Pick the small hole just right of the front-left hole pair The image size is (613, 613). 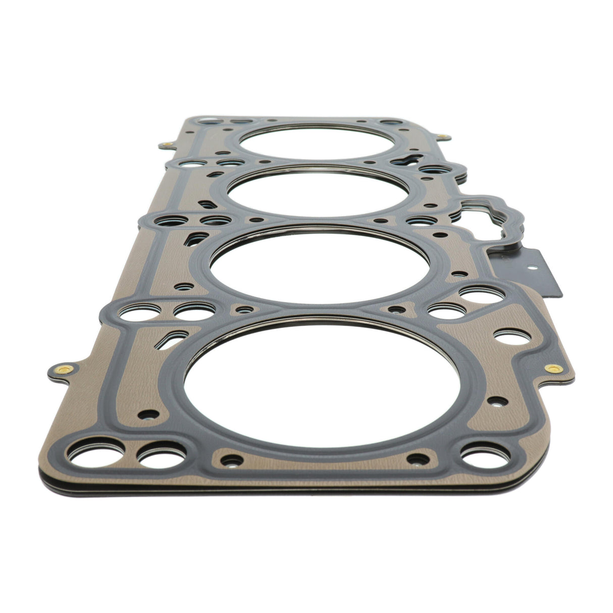pyautogui.click(x=231, y=460)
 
